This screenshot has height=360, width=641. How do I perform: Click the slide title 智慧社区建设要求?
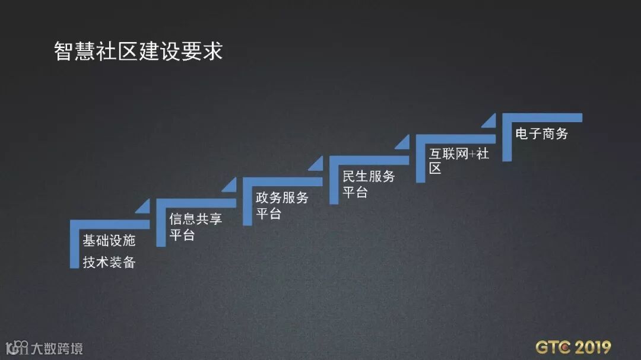click(138, 52)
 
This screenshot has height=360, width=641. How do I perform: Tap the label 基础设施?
click(109, 240)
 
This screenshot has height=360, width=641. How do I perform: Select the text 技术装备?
click(109, 262)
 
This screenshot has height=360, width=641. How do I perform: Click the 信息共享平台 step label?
click(195, 227)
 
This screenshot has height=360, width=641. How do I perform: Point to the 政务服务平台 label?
click(281, 205)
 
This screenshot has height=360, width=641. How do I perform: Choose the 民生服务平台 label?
click(368, 184)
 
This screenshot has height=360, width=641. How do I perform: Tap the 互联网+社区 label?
click(458, 161)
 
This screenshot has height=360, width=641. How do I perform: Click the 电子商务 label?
click(541, 133)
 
